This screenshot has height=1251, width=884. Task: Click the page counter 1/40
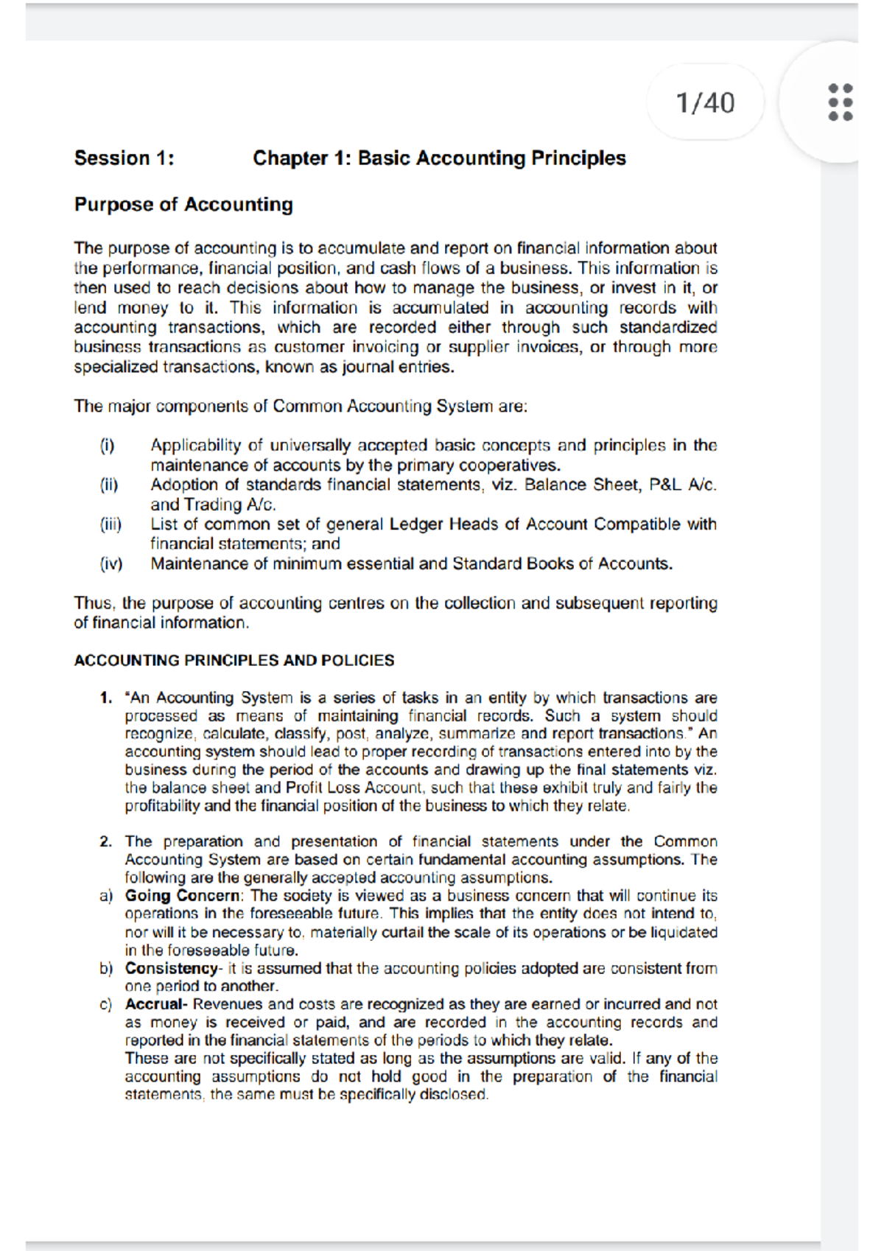click(705, 102)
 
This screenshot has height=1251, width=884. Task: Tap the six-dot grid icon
click(840, 102)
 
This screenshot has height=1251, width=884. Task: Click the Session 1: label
click(124, 158)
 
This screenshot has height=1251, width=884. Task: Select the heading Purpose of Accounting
click(183, 204)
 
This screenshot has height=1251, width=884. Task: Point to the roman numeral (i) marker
click(108, 446)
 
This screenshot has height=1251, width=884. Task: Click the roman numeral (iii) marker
click(110, 525)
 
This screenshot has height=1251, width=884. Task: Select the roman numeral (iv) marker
click(111, 564)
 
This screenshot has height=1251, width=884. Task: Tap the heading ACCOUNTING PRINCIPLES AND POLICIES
click(234, 660)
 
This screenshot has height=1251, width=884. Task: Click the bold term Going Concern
click(182, 896)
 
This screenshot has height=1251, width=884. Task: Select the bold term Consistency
click(171, 968)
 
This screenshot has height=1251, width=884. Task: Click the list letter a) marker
click(106, 896)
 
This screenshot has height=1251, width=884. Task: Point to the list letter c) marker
click(106, 1004)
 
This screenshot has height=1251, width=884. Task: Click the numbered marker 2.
click(106, 841)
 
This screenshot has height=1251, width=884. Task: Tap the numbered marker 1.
click(106, 698)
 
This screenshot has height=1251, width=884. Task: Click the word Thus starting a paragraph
click(94, 603)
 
